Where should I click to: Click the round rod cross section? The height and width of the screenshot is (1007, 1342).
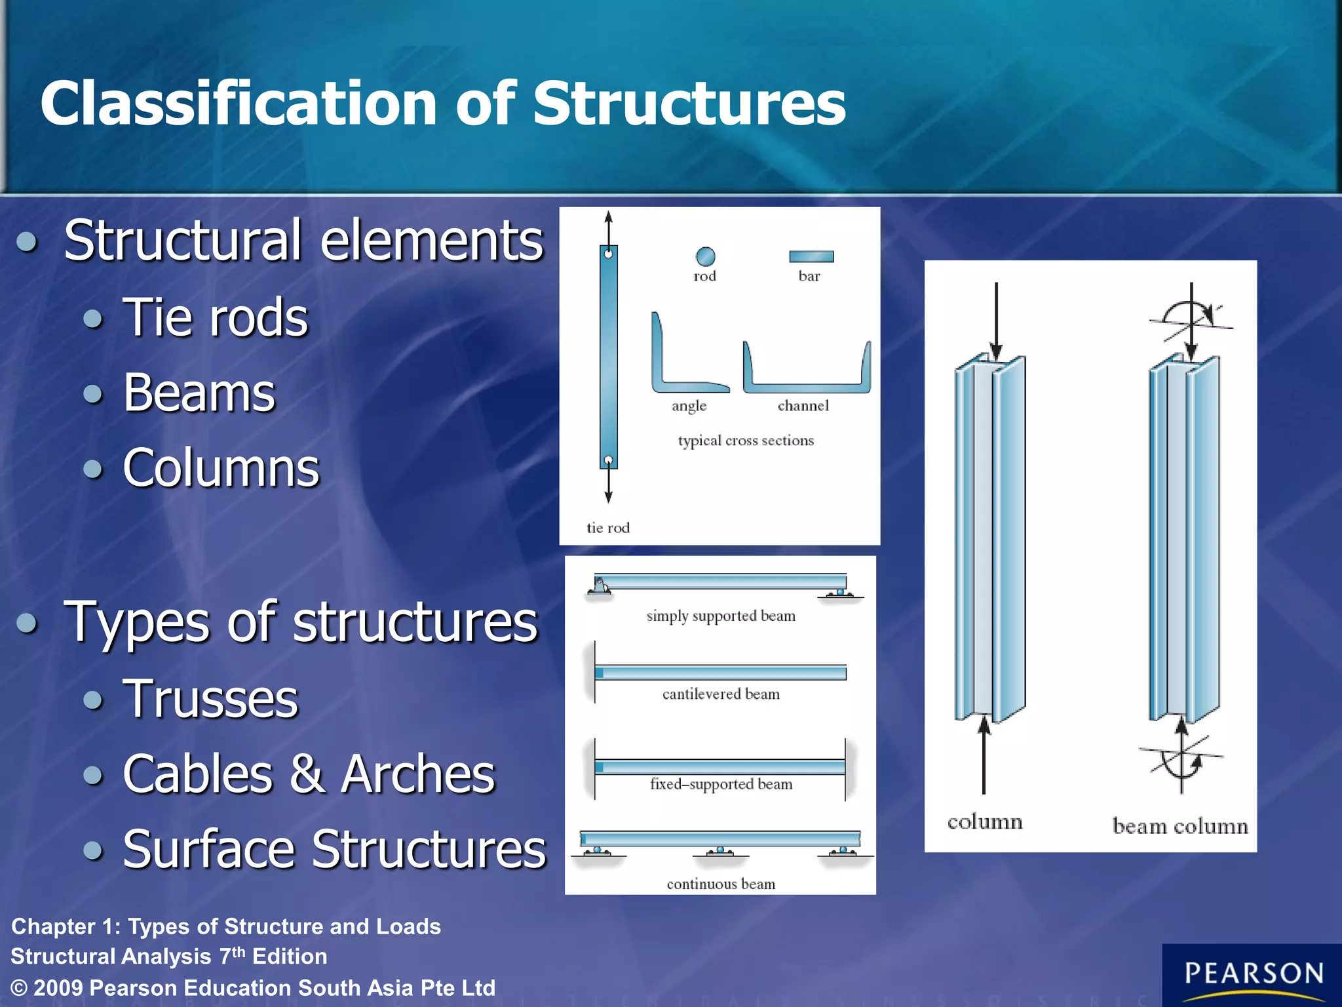[x=705, y=256]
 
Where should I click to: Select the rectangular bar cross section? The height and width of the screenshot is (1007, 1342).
[x=811, y=256]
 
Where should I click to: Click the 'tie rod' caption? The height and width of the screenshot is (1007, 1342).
[x=608, y=528]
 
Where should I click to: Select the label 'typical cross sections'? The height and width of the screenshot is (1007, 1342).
[x=746, y=441]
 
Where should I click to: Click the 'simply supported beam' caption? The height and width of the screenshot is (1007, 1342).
[x=721, y=616]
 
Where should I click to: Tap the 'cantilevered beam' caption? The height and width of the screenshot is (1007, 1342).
[x=721, y=694]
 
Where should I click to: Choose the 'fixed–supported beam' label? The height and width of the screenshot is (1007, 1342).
[x=721, y=784]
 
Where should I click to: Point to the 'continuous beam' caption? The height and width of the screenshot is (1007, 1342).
[x=721, y=884]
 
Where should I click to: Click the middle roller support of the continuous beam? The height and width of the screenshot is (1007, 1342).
[x=720, y=851]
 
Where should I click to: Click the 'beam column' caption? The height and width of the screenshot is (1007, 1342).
[x=1180, y=826]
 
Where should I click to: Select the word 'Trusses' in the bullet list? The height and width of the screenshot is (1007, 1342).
[x=210, y=699]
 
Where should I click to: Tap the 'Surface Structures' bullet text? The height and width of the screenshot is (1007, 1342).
[x=334, y=849]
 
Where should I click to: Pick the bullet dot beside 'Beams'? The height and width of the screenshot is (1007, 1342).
[x=94, y=394]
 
